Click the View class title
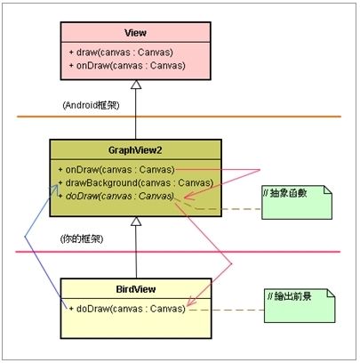tap(135, 33)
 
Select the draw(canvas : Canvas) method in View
tap(121, 52)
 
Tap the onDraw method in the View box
tap(127, 66)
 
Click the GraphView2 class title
tap(135, 150)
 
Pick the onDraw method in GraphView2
tap(116, 170)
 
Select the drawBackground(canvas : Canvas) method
tap(136, 182)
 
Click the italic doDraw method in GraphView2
tap(116, 196)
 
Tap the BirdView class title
tap(136, 289)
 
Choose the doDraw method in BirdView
tap(127, 309)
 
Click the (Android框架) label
tap(91, 105)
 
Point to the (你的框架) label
tap(82, 239)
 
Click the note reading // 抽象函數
tap(297, 203)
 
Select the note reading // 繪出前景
tap(300, 306)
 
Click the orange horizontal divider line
tap(179, 117)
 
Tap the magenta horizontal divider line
tap(178, 252)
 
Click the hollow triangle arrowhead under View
tap(136, 85)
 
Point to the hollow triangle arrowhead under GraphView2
tap(136, 221)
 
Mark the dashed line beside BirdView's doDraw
tap(227, 310)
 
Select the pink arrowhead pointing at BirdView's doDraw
tap(191, 301)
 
